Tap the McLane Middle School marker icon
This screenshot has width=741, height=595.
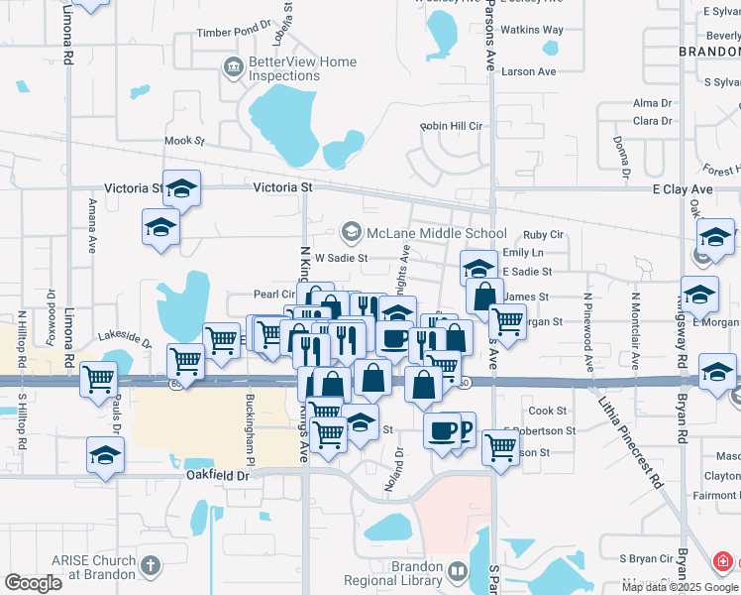(351, 233)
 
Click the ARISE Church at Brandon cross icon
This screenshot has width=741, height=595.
(150, 566)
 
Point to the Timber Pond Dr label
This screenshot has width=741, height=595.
(234, 32)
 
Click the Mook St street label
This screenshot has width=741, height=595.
(183, 141)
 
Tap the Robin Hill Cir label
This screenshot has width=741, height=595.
(451, 126)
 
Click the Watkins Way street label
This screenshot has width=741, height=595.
(532, 30)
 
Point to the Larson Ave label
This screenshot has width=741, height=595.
(529, 71)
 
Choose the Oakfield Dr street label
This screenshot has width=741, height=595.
(217, 476)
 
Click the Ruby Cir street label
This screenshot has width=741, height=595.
(543, 234)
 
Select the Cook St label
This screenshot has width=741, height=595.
(547, 411)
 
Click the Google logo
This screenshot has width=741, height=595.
(34, 582)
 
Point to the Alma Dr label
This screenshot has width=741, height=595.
(652, 103)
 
